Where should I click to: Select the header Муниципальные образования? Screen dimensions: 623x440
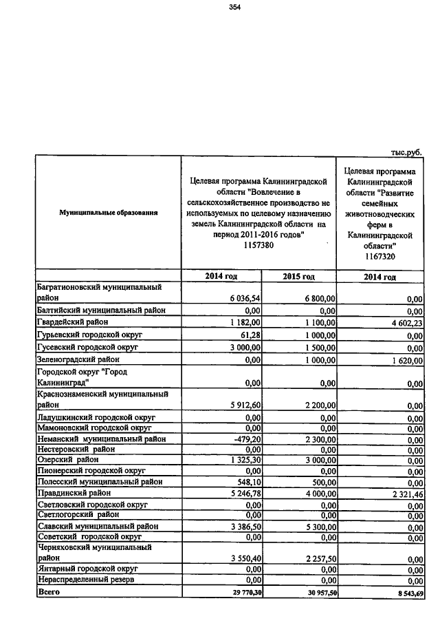tap(109, 213)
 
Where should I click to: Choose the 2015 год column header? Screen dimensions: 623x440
tap(299, 276)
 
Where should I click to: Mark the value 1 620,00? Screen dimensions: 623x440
tap(406, 360)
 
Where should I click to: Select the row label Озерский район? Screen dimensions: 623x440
tap(68, 460)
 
